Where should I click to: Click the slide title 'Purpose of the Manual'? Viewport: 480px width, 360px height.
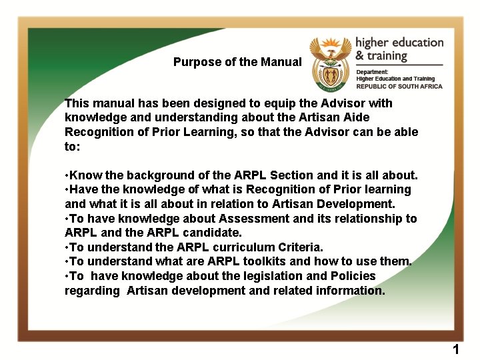[x=237, y=62]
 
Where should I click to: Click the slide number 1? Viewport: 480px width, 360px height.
[x=456, y=349]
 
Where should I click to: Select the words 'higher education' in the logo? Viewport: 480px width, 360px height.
[x=399, y=43]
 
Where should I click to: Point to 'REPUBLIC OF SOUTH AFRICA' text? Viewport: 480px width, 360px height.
[x=400, y=87]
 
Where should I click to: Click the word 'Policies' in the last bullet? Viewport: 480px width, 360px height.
[x=351, y=276]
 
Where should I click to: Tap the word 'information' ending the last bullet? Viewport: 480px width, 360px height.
[x=350, y=291]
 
